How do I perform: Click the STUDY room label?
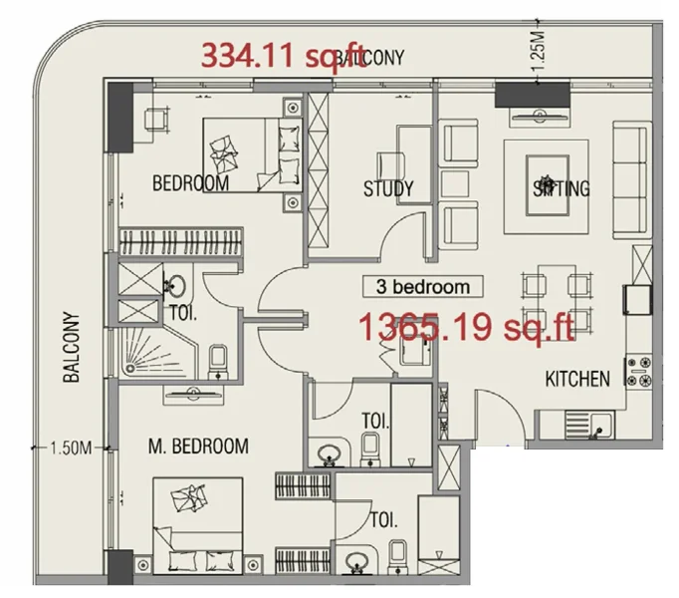tap(388, 189)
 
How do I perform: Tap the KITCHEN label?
tap(577, 379)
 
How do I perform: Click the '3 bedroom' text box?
tap(422, 287)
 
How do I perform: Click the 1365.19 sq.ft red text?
tap(468, 326)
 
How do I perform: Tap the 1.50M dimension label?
tap(70, 447)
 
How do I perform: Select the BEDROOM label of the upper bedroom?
tap(190, 183)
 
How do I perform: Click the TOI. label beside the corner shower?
tap(180, 311)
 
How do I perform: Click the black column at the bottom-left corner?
tap(119, 568)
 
